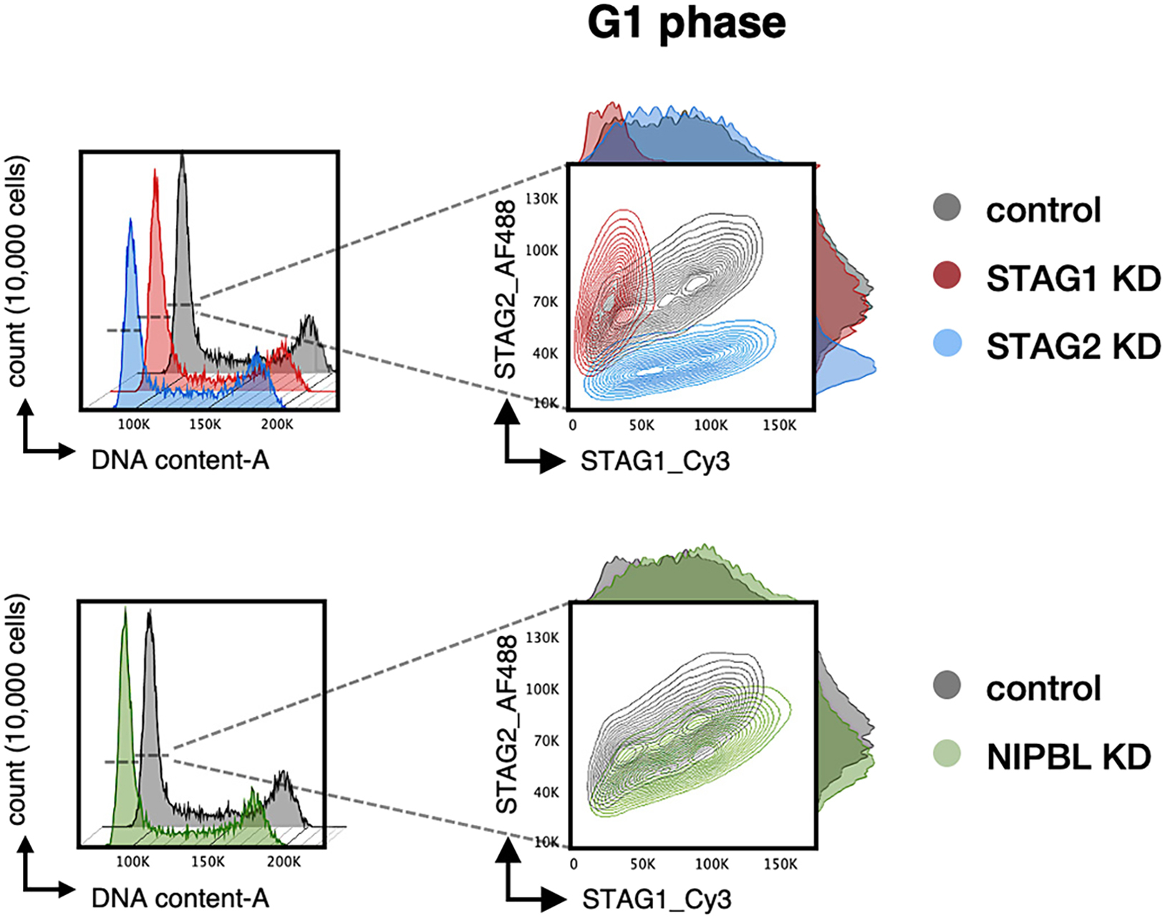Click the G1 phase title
pos(686,23)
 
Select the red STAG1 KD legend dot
pos(947,276)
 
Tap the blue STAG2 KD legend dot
pos(947,344)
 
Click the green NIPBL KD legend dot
pos(947,754)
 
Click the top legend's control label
pos(1043,210)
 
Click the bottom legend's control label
pos(1043,688)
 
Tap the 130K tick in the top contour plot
pos(541,199)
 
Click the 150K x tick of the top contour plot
pos(779,425)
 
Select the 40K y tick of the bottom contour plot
pos(546,792)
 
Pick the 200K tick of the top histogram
pos(276,424)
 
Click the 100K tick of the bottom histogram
pos(132,862)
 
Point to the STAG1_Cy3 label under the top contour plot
pos(654,461)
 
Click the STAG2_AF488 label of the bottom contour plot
pos(506,725)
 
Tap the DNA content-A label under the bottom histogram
pos(180,898)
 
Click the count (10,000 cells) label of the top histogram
pos(16,271)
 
